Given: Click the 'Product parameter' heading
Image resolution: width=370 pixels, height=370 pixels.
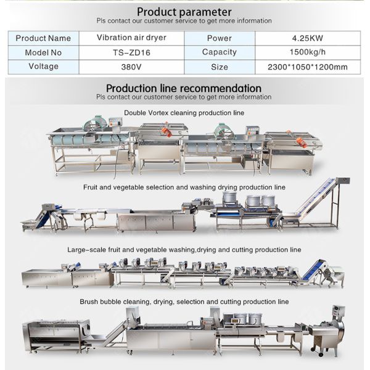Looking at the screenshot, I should [x=184, y=11].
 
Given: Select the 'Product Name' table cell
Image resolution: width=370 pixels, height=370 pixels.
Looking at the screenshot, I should [x=43, y=38].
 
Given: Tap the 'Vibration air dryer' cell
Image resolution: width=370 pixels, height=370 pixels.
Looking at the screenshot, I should [x=131, y=38].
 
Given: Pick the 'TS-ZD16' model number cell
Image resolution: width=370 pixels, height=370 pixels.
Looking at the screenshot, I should [x=131, y=52].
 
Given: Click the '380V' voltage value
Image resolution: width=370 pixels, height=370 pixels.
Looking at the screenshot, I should [x=131, y=67].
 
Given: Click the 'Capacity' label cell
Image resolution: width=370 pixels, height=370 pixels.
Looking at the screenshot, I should [x=220, y=52].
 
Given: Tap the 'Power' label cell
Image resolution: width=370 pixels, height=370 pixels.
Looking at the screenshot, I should [x=220, y=38].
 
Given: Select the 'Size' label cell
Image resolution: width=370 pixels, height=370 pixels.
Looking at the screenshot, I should [x=220, y=67].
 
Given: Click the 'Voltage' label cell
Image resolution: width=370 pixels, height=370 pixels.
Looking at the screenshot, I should [x=43, y=67].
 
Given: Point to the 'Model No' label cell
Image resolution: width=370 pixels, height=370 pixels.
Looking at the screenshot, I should [x=43, y=52].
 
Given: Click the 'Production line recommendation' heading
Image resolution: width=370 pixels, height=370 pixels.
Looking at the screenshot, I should [x=184, y=88].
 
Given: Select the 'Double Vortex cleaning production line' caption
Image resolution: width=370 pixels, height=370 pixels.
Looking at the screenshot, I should [x=184, y=113].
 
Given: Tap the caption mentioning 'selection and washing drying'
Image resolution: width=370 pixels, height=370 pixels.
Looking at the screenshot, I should [x=184, y=186].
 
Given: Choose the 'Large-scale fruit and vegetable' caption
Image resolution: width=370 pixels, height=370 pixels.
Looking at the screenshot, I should [x=184, y=250].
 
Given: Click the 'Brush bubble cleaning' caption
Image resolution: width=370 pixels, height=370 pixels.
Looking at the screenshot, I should [x=184, y=302].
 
